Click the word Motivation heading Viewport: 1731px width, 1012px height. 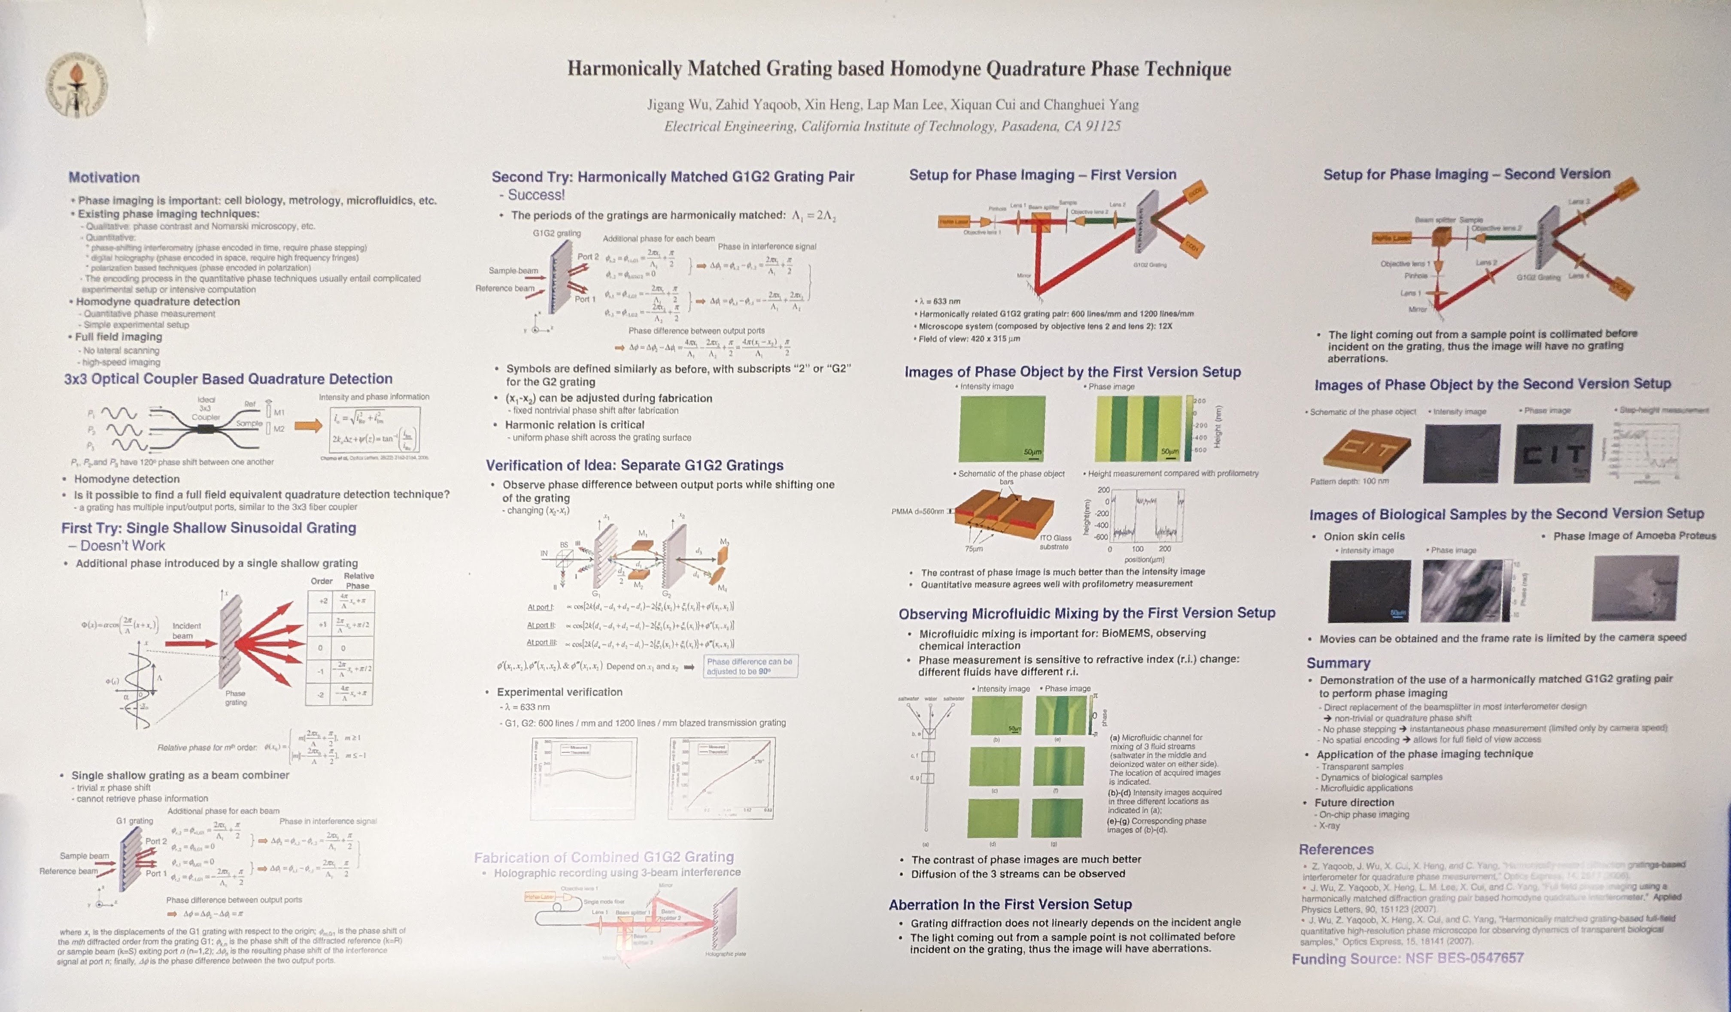[x=104, y=177]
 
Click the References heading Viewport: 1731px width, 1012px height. [x=1336, y=849]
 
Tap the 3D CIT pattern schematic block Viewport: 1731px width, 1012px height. [x=1367, y=450]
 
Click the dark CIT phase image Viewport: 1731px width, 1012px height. [x=1552, y=453]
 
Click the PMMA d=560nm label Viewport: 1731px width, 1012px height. [x=917, y=511]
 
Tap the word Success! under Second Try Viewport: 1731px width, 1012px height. [x=536, y=195]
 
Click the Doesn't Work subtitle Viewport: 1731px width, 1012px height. [x=122, y=546]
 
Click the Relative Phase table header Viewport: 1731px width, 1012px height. [x=358, y=581]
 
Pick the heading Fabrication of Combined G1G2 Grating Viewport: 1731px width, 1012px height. [x=604, y=857]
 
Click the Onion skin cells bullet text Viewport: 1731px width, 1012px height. [x=1364, y=536]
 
